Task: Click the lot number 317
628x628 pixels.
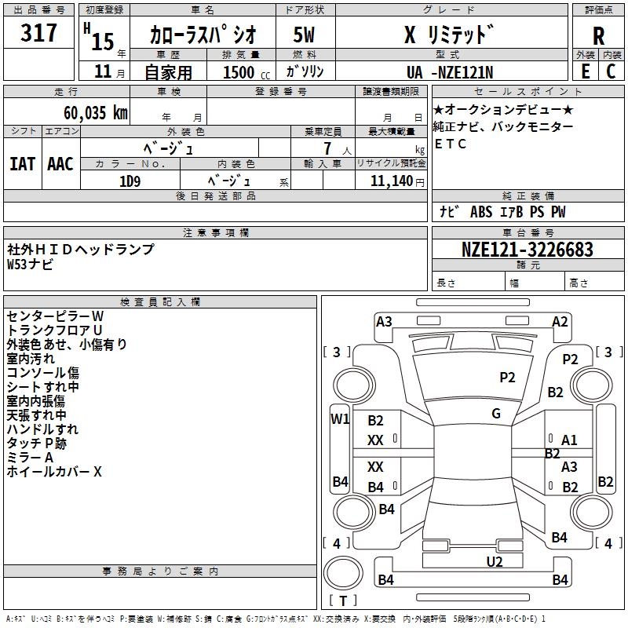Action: click(40, 33)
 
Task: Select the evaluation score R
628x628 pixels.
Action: click(598, 35)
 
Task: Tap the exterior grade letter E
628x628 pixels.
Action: click(585, 71)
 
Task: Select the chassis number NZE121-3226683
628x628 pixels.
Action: click(528, 250)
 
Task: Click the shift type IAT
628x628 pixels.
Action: click(22, 164)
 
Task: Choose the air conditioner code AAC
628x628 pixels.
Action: click(60, 164)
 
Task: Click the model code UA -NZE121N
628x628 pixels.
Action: click(449, 71)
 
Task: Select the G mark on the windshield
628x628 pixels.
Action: click(496, 414)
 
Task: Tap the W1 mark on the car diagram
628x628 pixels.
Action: click(340, 418)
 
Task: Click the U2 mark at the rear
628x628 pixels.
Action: click(495, 560)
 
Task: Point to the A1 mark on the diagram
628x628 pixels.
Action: click(569, 440)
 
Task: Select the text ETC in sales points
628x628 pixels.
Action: click(451, 144)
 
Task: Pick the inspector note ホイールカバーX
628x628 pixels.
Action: click(54, 472)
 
